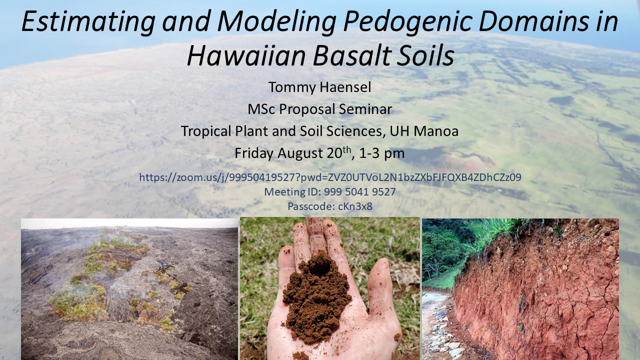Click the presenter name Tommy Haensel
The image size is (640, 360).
point(319,87)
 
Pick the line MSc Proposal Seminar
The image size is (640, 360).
point(319,109)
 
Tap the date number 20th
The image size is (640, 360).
point(339,152)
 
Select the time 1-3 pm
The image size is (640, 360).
point(381,153)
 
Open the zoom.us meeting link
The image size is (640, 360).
point(330,177)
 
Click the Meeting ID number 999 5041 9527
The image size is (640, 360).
point(359,191)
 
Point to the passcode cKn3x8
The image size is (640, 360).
point(355,206)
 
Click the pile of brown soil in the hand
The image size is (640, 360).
point(316,297)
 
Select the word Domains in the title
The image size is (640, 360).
point(533,21)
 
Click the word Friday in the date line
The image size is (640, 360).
point(253,153)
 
